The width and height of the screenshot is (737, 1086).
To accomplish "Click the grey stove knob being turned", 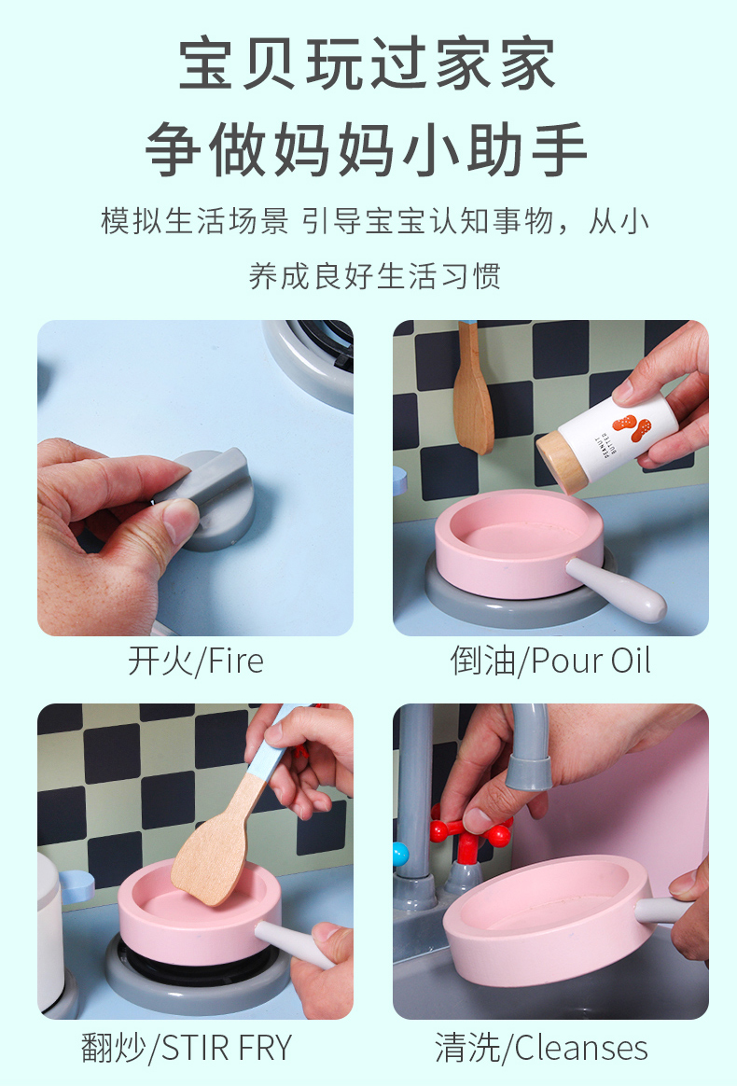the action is point(211,497).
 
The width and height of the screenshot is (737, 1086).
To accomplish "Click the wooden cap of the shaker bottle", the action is point(562,461).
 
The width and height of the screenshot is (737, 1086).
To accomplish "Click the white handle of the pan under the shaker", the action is point(616,589).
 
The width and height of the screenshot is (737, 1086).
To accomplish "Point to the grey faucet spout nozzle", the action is point(529,773).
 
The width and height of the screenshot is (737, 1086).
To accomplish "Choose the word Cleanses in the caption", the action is point(581,1048).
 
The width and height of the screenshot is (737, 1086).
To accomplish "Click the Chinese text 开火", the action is point(160,661).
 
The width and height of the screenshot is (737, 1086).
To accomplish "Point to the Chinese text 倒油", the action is point(482,661).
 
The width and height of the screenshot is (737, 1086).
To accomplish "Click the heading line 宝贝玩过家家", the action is point(368,63).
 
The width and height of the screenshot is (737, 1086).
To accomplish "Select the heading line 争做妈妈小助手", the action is point(368,149).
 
